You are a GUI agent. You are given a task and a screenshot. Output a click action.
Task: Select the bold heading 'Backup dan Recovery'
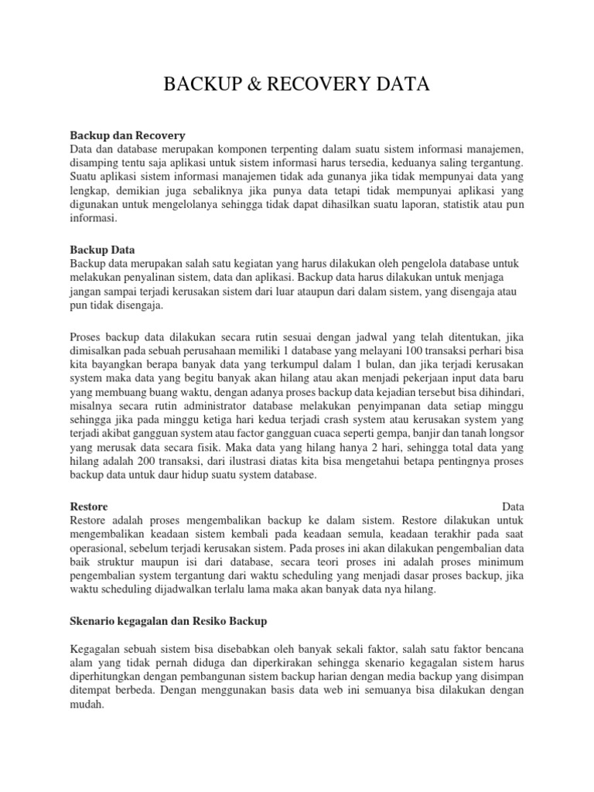tap(128, 135)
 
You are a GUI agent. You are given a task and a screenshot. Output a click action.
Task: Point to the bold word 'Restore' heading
tap(89, 506)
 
